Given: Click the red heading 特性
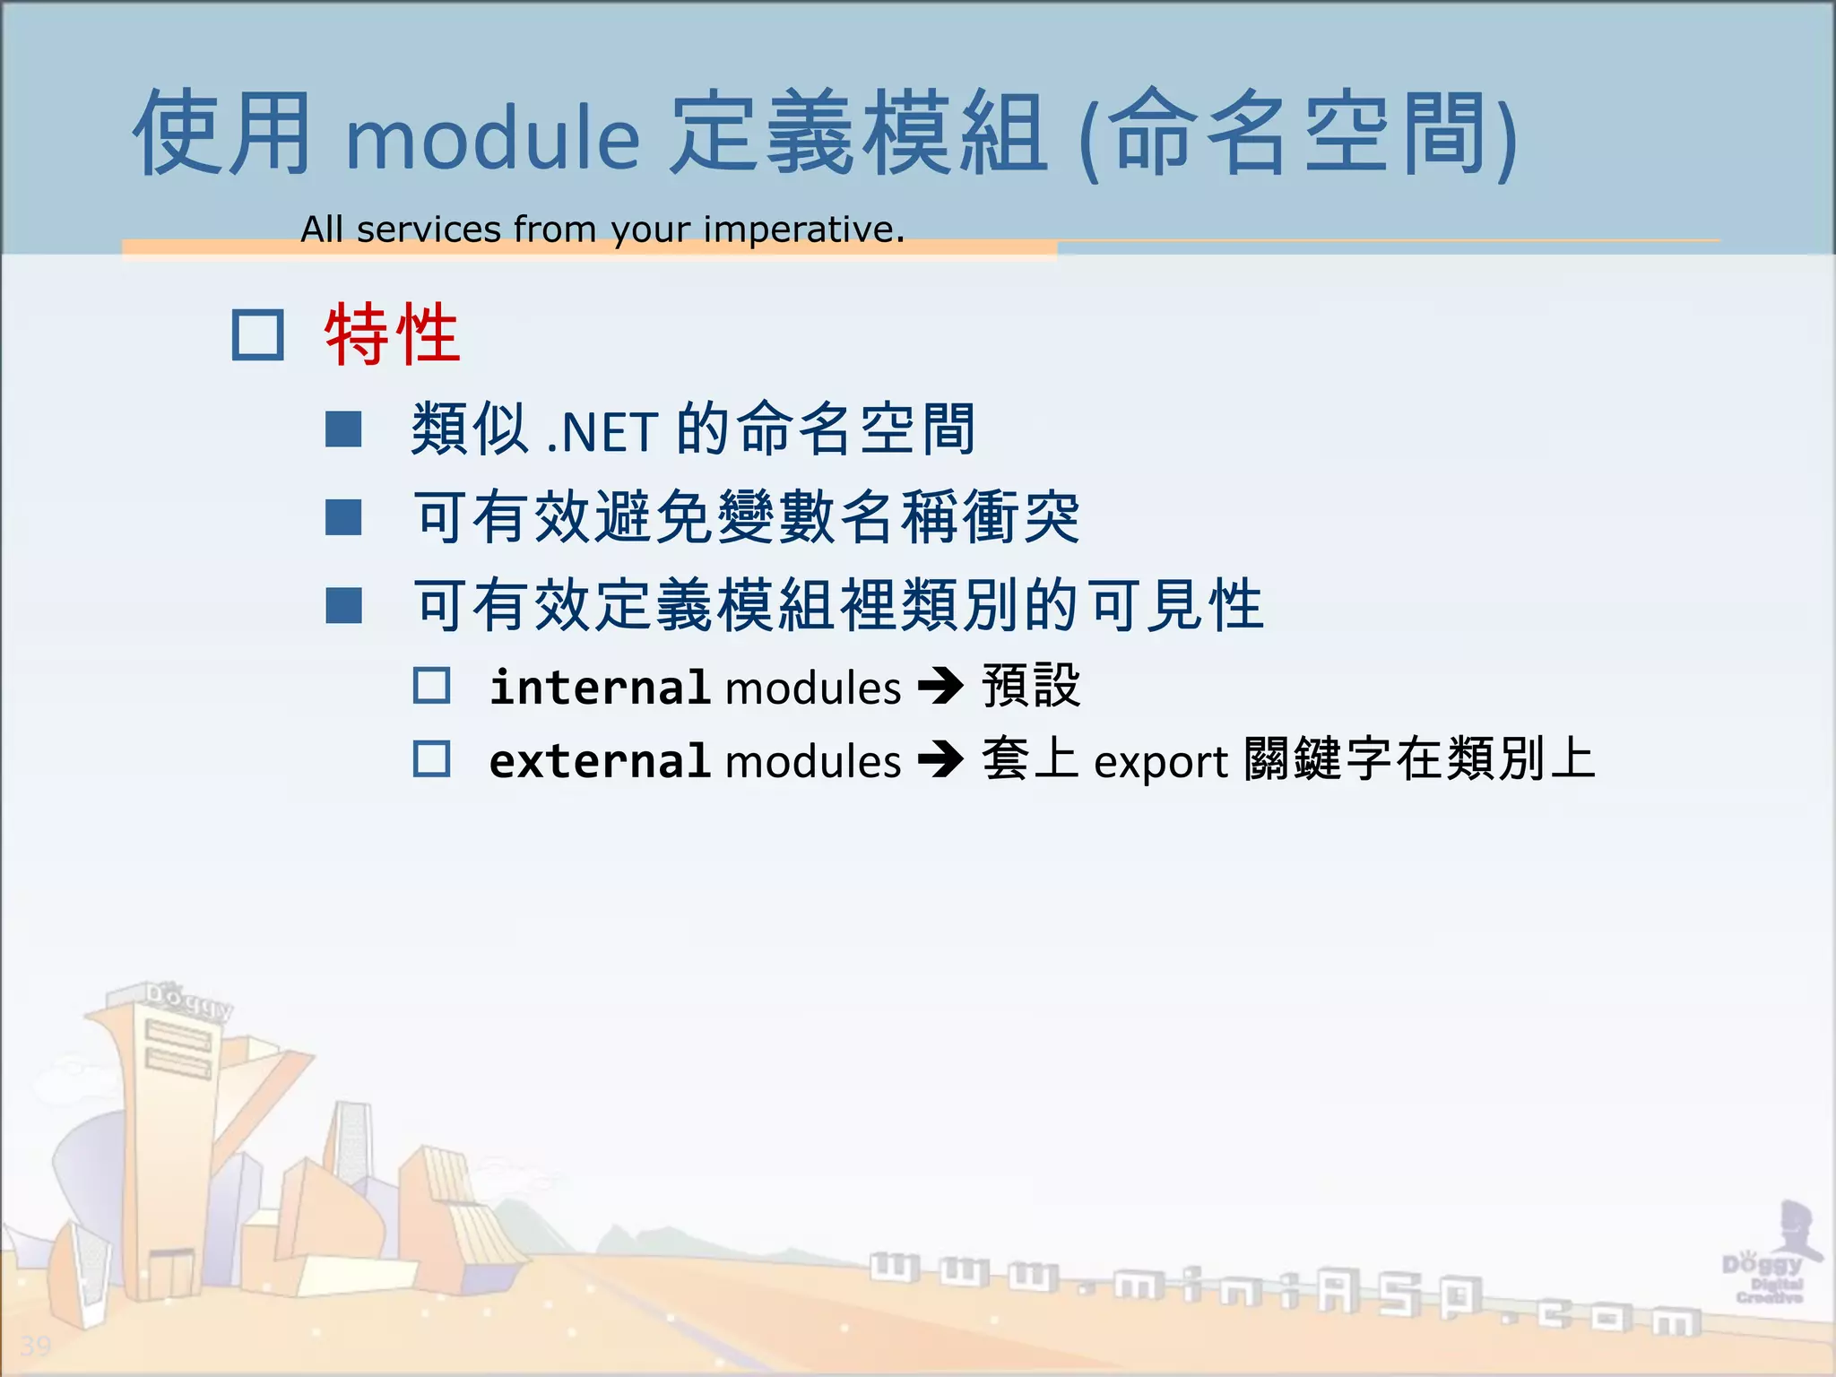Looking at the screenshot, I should pos(392,334).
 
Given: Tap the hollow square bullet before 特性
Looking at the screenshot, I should pos(258,335).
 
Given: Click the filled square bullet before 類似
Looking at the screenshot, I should pos(343,429).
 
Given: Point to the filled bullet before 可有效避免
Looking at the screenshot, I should pos(343,517).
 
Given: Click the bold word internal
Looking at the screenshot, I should pos(600,688).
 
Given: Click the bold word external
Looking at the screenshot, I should pos(600,762).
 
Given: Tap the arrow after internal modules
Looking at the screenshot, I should pos(940,688).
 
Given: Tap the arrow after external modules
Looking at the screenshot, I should pos(940,761).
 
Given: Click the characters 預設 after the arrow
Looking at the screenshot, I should pos(1031,687).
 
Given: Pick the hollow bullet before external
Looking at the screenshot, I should pos(431,759).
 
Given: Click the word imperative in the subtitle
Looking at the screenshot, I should pos(803,230).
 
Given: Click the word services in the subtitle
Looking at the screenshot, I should pos(429,230).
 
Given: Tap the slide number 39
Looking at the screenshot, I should pos(36,1346).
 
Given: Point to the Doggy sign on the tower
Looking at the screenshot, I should pos(188,1000).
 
